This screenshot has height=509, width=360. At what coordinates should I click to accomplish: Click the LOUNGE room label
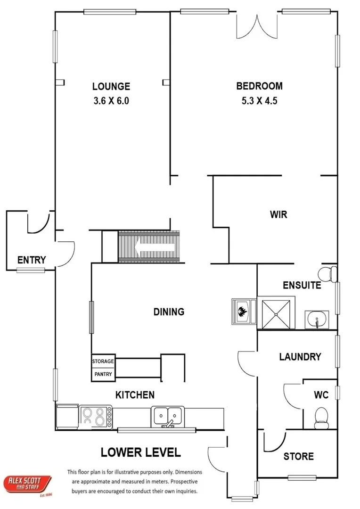click(111, 86)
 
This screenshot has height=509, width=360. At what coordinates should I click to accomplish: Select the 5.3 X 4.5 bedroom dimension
click(259, 100)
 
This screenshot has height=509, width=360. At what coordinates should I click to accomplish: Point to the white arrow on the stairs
click(155, 246)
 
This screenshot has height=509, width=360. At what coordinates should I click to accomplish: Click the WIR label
click(278, 214)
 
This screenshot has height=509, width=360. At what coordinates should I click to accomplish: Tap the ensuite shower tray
click(276, 313)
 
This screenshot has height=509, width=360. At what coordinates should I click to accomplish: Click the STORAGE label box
click(103, 361)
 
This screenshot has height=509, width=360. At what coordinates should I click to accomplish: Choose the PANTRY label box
click(103, 374)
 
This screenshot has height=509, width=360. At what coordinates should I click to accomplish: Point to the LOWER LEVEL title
click(141, 452)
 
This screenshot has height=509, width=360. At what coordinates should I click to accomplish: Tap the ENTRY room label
click(32, 260)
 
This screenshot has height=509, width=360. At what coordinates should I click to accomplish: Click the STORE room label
click(298, 456)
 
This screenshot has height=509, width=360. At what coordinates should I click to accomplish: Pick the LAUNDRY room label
click(300, 357)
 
